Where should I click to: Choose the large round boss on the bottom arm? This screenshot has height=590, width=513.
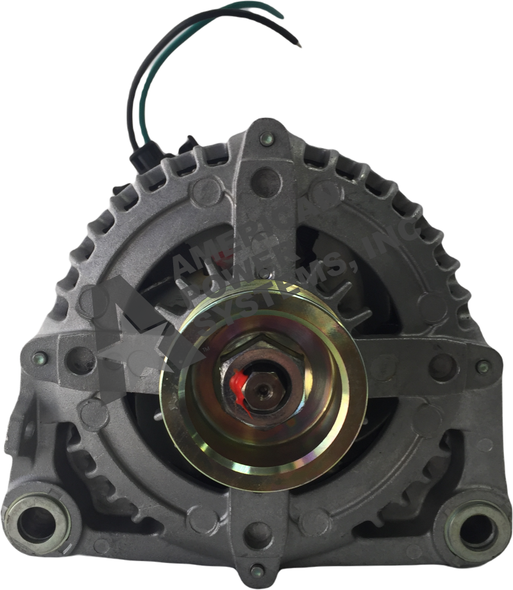pyautogui.click(x=258, y=530)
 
